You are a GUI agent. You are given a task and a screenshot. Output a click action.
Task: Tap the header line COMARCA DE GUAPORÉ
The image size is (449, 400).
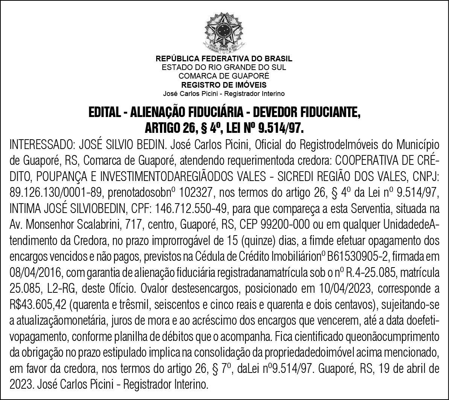224,76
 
